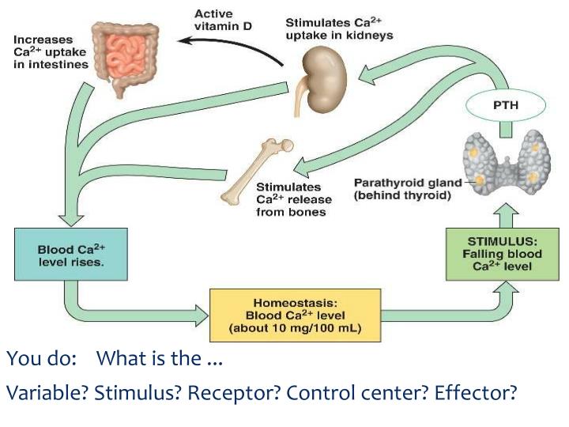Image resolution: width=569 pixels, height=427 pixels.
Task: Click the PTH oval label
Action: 507,104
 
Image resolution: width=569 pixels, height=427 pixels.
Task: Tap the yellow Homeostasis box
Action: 294,314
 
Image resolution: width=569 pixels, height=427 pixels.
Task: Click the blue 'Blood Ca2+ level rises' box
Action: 70,255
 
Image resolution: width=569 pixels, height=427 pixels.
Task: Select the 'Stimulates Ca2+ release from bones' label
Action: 290,199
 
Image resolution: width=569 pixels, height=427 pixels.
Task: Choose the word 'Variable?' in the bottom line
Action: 47,393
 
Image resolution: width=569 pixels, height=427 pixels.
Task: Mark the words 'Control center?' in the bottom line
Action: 358,393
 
